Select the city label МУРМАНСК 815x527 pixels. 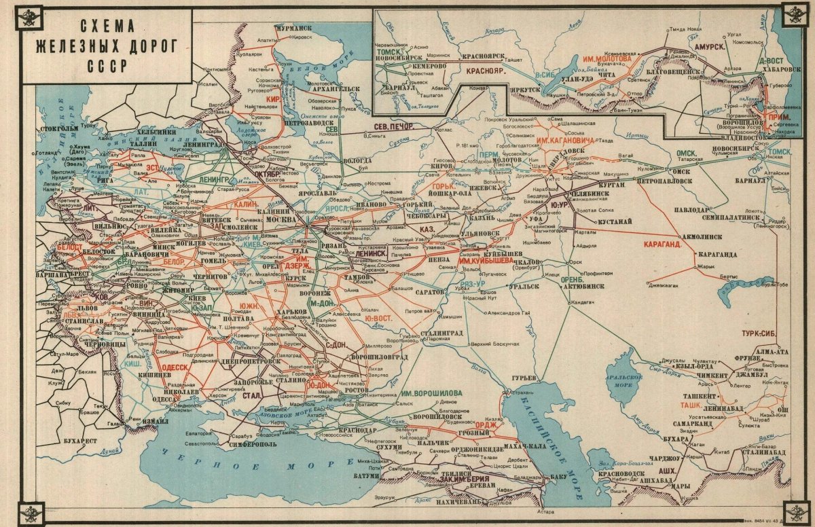[293, 28]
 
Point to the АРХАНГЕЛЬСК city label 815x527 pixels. [337, 88]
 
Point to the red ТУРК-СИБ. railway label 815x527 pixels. [759, 333]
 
